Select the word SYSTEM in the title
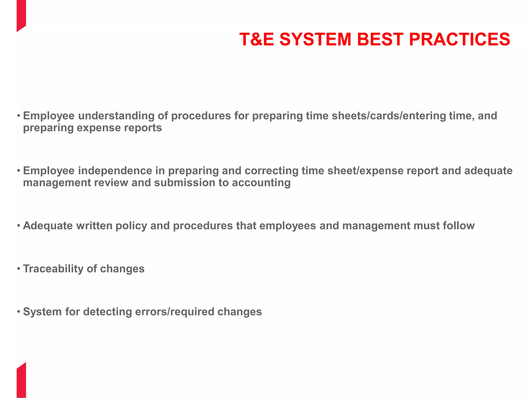tap(315, 39)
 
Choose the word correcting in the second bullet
tap(271, 171)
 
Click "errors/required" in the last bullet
tap(175, 312)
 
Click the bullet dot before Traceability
tap(19, 268)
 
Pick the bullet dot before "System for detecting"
tap(19, 311)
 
